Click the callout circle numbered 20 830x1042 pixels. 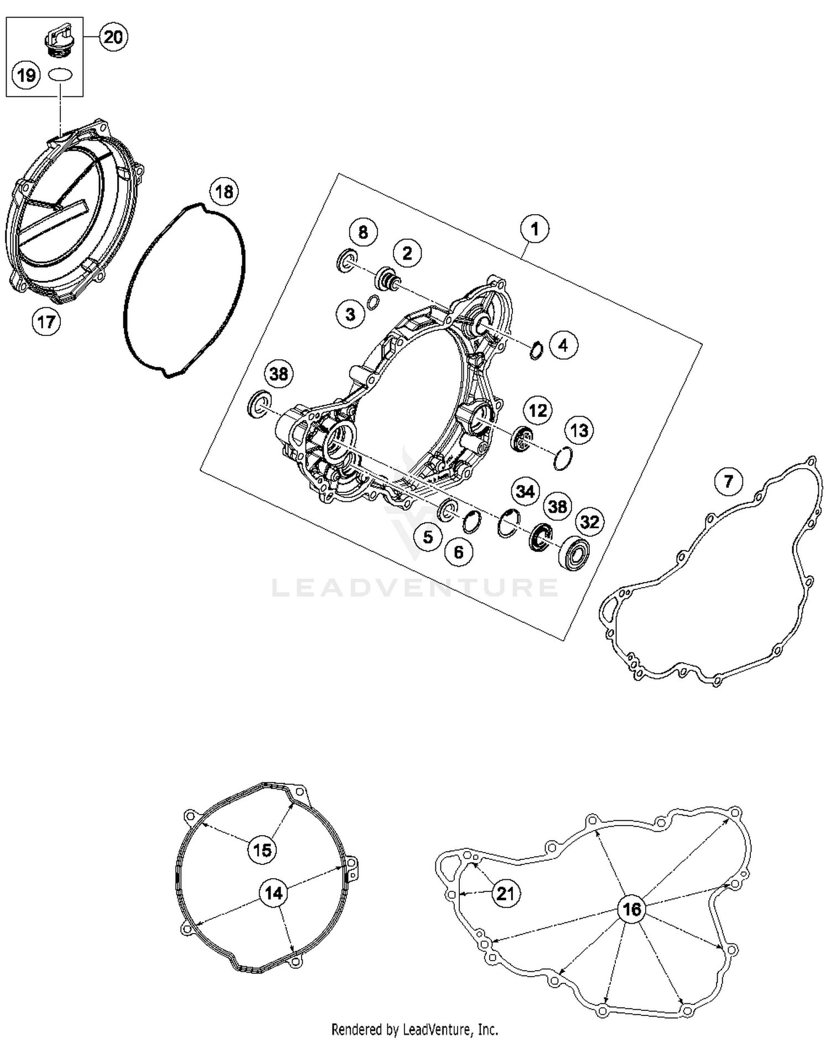pos(113,37)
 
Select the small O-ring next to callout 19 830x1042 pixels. pos(60,74)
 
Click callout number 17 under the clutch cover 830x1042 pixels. pos(46,322)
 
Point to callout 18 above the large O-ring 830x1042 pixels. pos(224,192)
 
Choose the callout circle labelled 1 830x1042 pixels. pos(535,229)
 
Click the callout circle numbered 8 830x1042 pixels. pos(363,232)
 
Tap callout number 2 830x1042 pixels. pos(407,253)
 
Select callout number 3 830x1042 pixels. pos(350,314)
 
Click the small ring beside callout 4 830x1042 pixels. pos(536,351)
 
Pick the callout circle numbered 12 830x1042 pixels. pos(538,411)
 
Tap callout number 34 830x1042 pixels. pos(525,491)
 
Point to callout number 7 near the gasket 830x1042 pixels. pos(728,481)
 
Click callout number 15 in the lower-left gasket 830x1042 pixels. pos(262,849)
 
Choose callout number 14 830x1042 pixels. pos(274,893)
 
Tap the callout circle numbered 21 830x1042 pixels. pos(506,894)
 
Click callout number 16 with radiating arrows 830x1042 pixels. pos(632,909)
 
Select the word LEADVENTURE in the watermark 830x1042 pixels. pos(415,587)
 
